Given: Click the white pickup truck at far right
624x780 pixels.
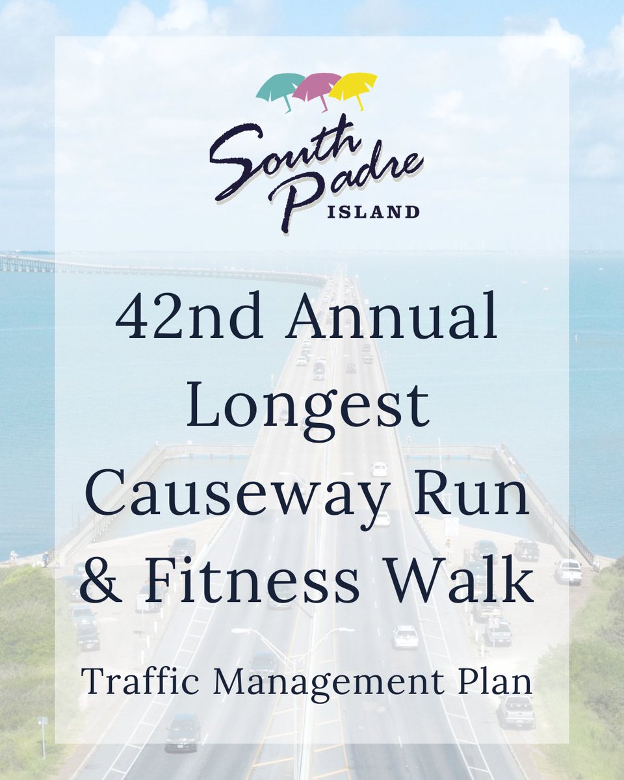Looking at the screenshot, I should click(568, 572).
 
